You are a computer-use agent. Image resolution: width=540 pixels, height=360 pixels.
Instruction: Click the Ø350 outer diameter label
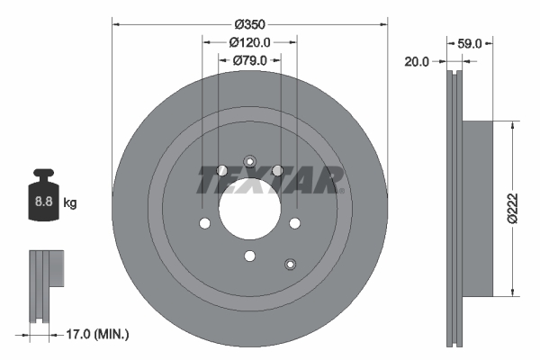coord(250,23)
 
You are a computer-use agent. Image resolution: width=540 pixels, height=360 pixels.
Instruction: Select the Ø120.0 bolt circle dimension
coord(250,41)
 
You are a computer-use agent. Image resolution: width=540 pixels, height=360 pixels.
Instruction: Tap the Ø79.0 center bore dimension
coord(250,60)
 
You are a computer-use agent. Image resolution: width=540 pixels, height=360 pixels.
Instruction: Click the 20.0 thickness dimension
coord(417,61)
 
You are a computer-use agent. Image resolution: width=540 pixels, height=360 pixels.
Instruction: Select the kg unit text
coord(70,203)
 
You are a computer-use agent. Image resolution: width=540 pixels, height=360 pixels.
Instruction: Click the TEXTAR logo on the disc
coord(270,178)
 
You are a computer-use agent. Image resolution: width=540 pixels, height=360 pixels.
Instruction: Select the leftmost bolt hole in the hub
coord(205,224)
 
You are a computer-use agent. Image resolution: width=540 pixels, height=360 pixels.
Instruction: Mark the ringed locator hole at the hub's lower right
coord(290,264)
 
